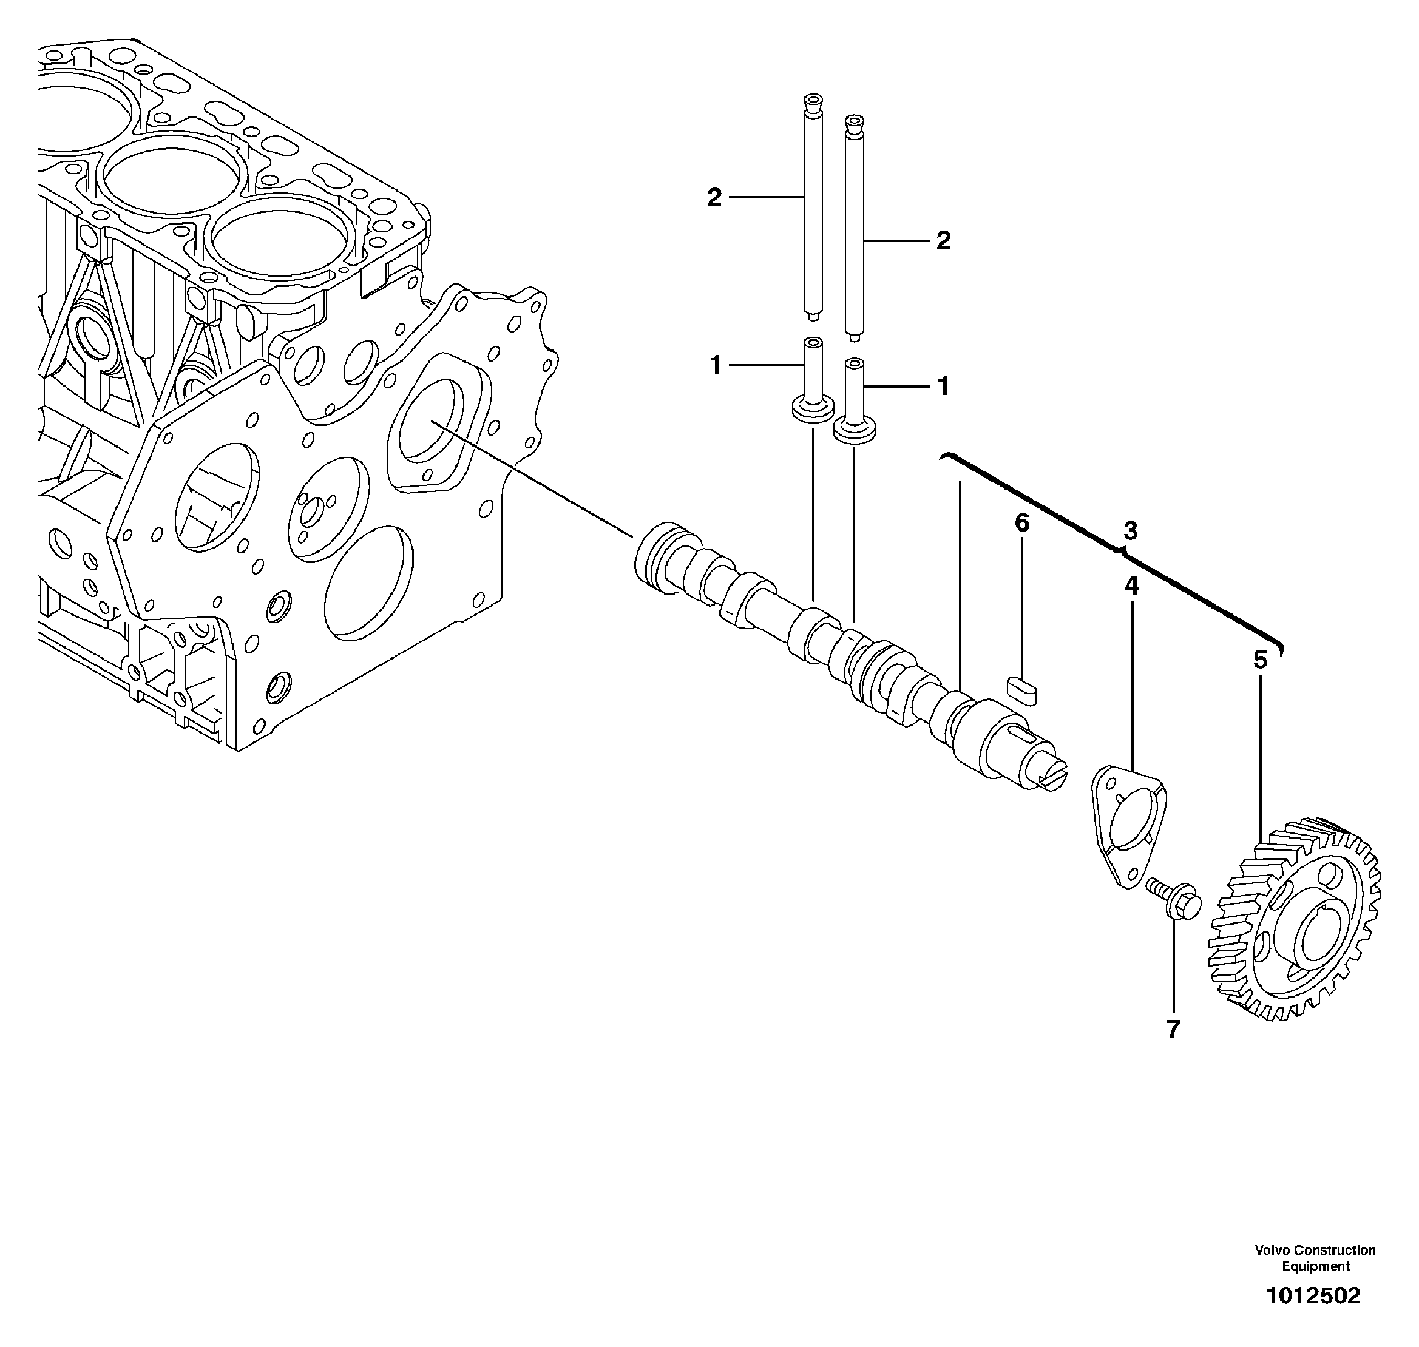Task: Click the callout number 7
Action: tap(1173, 1030)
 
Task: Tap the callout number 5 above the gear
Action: tap(1261, 660)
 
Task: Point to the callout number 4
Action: tap(1131, 587)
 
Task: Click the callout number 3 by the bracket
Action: tap(1130, 532)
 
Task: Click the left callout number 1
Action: tap(715, 366)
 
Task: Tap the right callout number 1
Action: tap(944, 387)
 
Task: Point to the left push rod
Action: tap(813, 208)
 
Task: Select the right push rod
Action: tap(853, 230)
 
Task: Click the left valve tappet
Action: tap(812, 388)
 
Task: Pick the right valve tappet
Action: tap(853, 410)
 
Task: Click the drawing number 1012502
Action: tap(1313, 1296)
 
